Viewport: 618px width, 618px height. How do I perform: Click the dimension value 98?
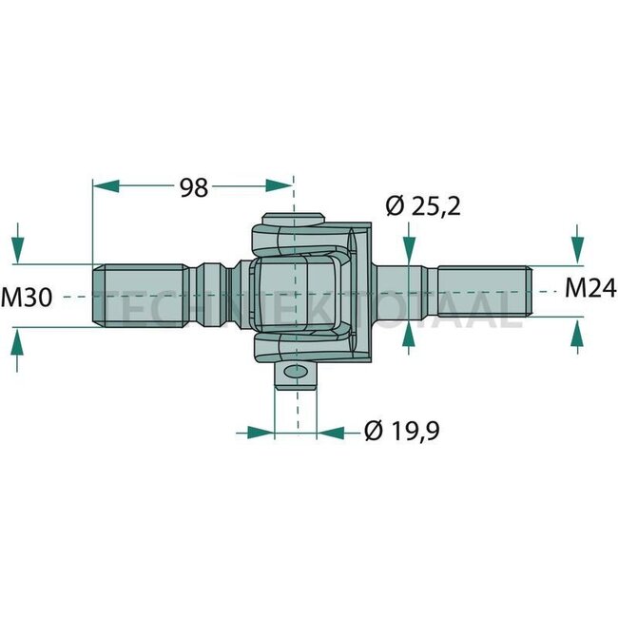click(x=194, y=187)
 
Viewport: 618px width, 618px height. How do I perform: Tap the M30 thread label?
click(x=27, y=297)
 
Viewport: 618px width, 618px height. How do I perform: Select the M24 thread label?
click(x=589, y=287)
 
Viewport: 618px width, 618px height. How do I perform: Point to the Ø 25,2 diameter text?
click(x=423, y=205)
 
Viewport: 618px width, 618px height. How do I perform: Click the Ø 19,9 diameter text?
click(x=401, y=433)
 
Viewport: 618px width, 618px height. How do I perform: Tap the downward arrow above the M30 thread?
click(x=17, y=249)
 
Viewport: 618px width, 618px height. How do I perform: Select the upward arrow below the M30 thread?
click(x=17, y=344)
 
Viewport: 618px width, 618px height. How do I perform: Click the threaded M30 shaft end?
click(x=138, y=296)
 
